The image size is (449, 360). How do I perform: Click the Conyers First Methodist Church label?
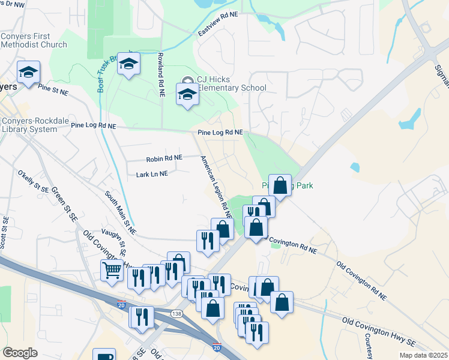click(x=34, y=40)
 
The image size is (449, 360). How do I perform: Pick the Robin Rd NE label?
click(x=164, y=159)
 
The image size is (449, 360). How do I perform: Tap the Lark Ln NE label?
click(x=152, y=173)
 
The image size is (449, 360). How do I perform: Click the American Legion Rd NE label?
click(x=217, y=187)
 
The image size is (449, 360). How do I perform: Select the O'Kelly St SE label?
click(x=34, y=181)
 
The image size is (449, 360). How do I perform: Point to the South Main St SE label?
click(x=120, y=213)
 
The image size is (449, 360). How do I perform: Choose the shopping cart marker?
click(x=111, y=271)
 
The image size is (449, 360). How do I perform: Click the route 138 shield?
click(x=176, y=313)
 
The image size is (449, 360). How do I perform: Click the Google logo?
click(x=20, y=353)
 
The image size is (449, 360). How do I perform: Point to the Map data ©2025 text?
click(x=423, y=355)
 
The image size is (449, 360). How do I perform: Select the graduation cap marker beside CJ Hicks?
click(x=187, y=94)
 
